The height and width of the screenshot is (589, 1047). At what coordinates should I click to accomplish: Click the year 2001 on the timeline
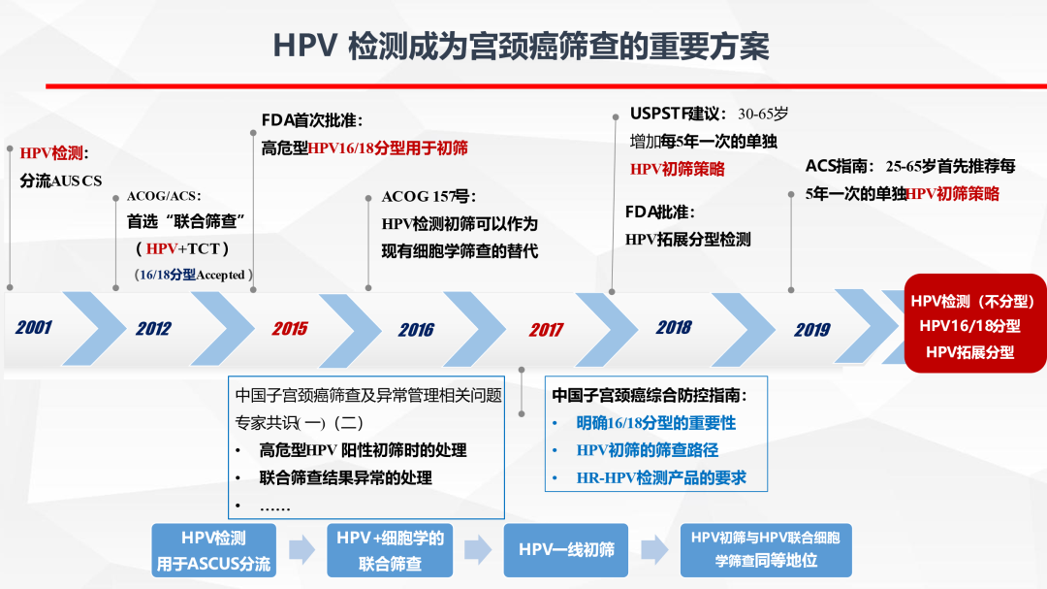click(34, 327)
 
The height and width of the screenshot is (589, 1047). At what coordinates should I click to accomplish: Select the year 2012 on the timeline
click(153, 328)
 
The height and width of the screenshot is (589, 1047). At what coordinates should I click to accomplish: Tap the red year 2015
click(290, 328)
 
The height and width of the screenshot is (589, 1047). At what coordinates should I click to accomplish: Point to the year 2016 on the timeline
click(416, 329)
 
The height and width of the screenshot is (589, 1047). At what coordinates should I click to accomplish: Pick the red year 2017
click(546, 329)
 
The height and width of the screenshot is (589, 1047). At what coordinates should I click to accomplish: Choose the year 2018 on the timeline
click(674, 327)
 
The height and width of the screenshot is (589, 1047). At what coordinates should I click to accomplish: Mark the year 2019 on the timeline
click(812, 329)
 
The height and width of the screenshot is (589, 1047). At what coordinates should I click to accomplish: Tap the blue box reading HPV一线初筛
click(566, 550)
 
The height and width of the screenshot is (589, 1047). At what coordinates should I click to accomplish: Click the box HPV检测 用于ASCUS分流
click(214, 550)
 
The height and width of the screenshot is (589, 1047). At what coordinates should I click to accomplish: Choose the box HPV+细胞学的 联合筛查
click(390, 550)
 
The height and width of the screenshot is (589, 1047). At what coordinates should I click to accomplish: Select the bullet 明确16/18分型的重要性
click(643, 423)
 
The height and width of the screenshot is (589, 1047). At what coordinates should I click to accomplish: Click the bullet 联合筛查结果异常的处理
click(345, 477)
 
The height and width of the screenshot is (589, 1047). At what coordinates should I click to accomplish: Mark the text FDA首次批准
click(312, 120)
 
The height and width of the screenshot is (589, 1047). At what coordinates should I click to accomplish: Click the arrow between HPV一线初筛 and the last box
click(655, 550)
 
